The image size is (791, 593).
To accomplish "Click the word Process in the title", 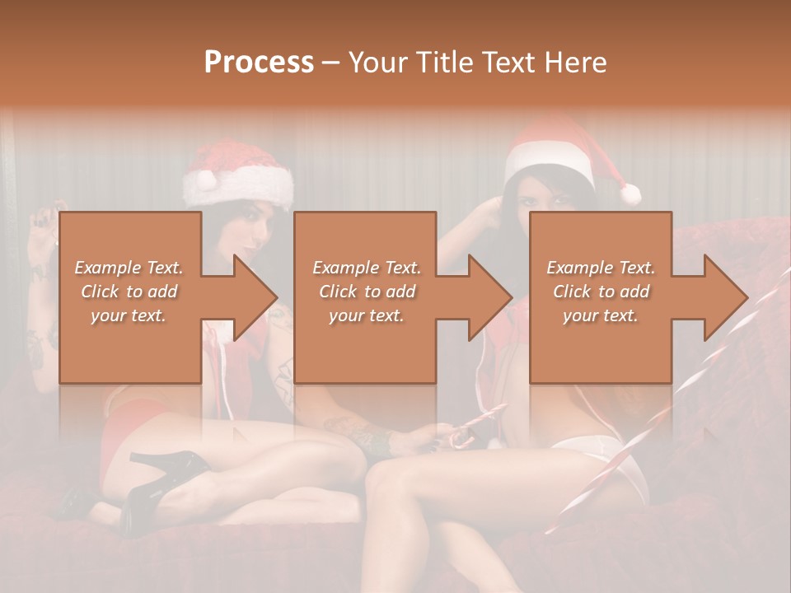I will click(259, 62).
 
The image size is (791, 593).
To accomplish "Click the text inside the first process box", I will click(129, 292).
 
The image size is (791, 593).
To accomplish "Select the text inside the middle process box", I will click(366, 292).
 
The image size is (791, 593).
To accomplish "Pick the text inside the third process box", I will click(600, 292).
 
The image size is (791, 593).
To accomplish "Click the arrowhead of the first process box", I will click(255, 297).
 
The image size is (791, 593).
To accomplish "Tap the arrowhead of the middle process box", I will click(491, 297).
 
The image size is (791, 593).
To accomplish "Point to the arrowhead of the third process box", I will click(727, 297).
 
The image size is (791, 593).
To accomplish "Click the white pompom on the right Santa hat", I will click(630, 194).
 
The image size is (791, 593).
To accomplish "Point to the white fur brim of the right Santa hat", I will click(550, 164).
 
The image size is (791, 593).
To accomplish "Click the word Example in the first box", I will click(107, 268).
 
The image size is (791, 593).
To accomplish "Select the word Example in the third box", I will click(578, 268).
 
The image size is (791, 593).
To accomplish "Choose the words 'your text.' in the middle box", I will click(366, 315).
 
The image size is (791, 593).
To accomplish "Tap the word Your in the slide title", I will click(376, 62).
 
